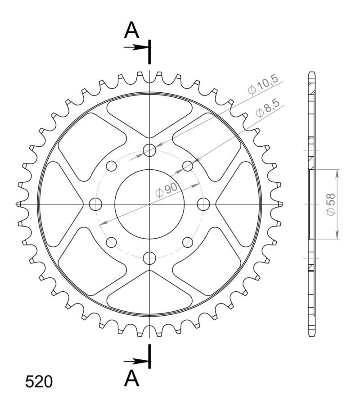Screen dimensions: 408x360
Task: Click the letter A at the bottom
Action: (131, 378)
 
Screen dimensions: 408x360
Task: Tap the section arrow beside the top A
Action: (135, 47)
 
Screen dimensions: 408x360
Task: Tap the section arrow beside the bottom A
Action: (135, 361)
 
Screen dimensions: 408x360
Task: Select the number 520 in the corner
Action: (39, 382)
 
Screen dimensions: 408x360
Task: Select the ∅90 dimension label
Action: (166, 191)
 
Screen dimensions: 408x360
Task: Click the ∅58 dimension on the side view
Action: (331, 204)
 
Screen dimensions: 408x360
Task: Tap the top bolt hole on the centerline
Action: (149, 150)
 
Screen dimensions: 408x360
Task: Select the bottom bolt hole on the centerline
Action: (149, 258)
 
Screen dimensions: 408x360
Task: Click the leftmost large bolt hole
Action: (95, 204)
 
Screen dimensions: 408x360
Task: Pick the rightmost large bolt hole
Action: (203, 204)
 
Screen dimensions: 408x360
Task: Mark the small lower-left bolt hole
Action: (111, 242)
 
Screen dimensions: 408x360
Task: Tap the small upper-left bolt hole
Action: (111, 166)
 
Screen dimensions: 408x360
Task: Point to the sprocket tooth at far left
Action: (18, 204)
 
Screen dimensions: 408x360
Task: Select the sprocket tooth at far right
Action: (280, 204)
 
